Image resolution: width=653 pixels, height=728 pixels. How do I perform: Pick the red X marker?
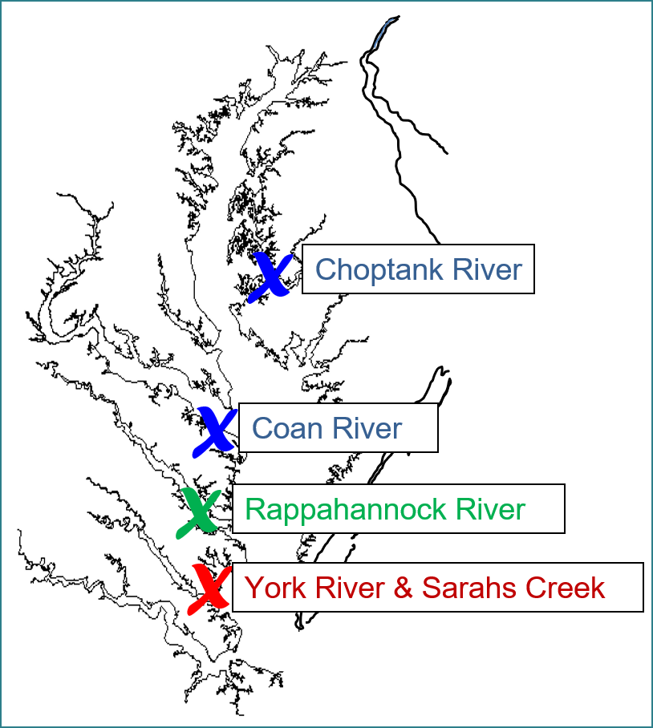coord(209,588)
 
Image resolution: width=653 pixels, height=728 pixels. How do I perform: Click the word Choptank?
coord(367,269)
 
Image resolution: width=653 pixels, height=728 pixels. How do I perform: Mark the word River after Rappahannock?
coord(490,509)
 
